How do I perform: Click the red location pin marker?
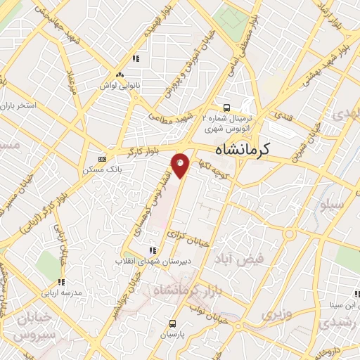click(x=181, y=165)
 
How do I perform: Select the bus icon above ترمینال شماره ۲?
click(x=226, y=108)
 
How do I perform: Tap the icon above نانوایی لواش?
click(x=120, y=74)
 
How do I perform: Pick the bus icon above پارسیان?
click(x=173, y=323)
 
